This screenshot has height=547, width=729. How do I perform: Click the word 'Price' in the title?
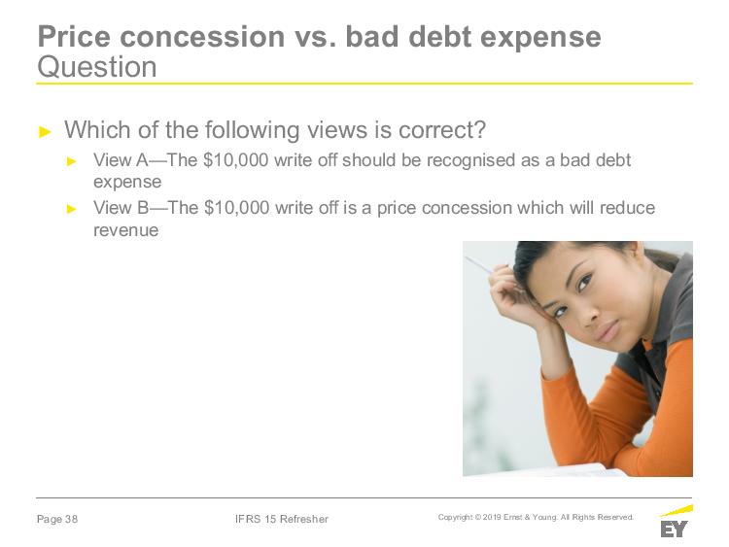(x=74, y=36)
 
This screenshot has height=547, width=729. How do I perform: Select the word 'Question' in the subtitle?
(x=96, y=67)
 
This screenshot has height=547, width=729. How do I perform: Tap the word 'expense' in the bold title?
(x=540, y=38)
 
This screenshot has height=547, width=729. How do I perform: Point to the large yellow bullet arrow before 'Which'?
(x=45, y=131)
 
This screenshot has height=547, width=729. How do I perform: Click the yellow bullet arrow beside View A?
(x=72, y=161)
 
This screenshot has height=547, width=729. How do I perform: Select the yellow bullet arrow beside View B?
(x=72, y=209)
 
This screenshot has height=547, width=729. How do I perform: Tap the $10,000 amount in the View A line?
(x=236, y=160)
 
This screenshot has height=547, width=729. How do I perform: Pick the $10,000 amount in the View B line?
(x=236, y=207)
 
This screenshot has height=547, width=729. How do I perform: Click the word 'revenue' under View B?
(x=126, y=230)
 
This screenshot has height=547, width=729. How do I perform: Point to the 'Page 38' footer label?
(x=57, y=519)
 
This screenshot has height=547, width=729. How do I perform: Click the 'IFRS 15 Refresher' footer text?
(x=281, y=519)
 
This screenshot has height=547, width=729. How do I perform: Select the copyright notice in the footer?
(x=536, y=517)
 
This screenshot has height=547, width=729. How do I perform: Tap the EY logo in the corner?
(x=676, y=522)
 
